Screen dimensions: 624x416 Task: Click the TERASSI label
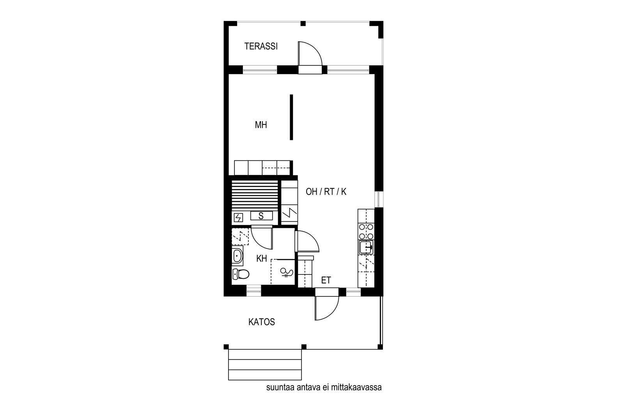click(261, 46)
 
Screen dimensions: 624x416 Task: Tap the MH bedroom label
click(261, 125)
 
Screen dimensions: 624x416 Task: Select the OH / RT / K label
click(326, 191)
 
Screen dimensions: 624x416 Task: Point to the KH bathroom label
click(262, 258)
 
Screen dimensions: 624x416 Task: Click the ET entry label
click(326, 280)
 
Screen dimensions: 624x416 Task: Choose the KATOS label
click(262, 322)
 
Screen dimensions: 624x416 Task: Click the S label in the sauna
click(261, 216)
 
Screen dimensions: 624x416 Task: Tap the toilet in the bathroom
click(241, 274)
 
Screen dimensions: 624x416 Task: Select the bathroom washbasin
click(238, 256)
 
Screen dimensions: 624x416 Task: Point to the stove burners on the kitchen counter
click(366, 231)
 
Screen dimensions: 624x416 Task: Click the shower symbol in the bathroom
click(287, 272)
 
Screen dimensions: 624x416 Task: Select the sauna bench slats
click(255, 195)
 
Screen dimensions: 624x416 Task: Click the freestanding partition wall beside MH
click(291, 117)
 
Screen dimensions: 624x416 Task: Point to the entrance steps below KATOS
click(265, 365)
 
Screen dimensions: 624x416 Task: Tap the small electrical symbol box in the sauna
click(238, 218)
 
